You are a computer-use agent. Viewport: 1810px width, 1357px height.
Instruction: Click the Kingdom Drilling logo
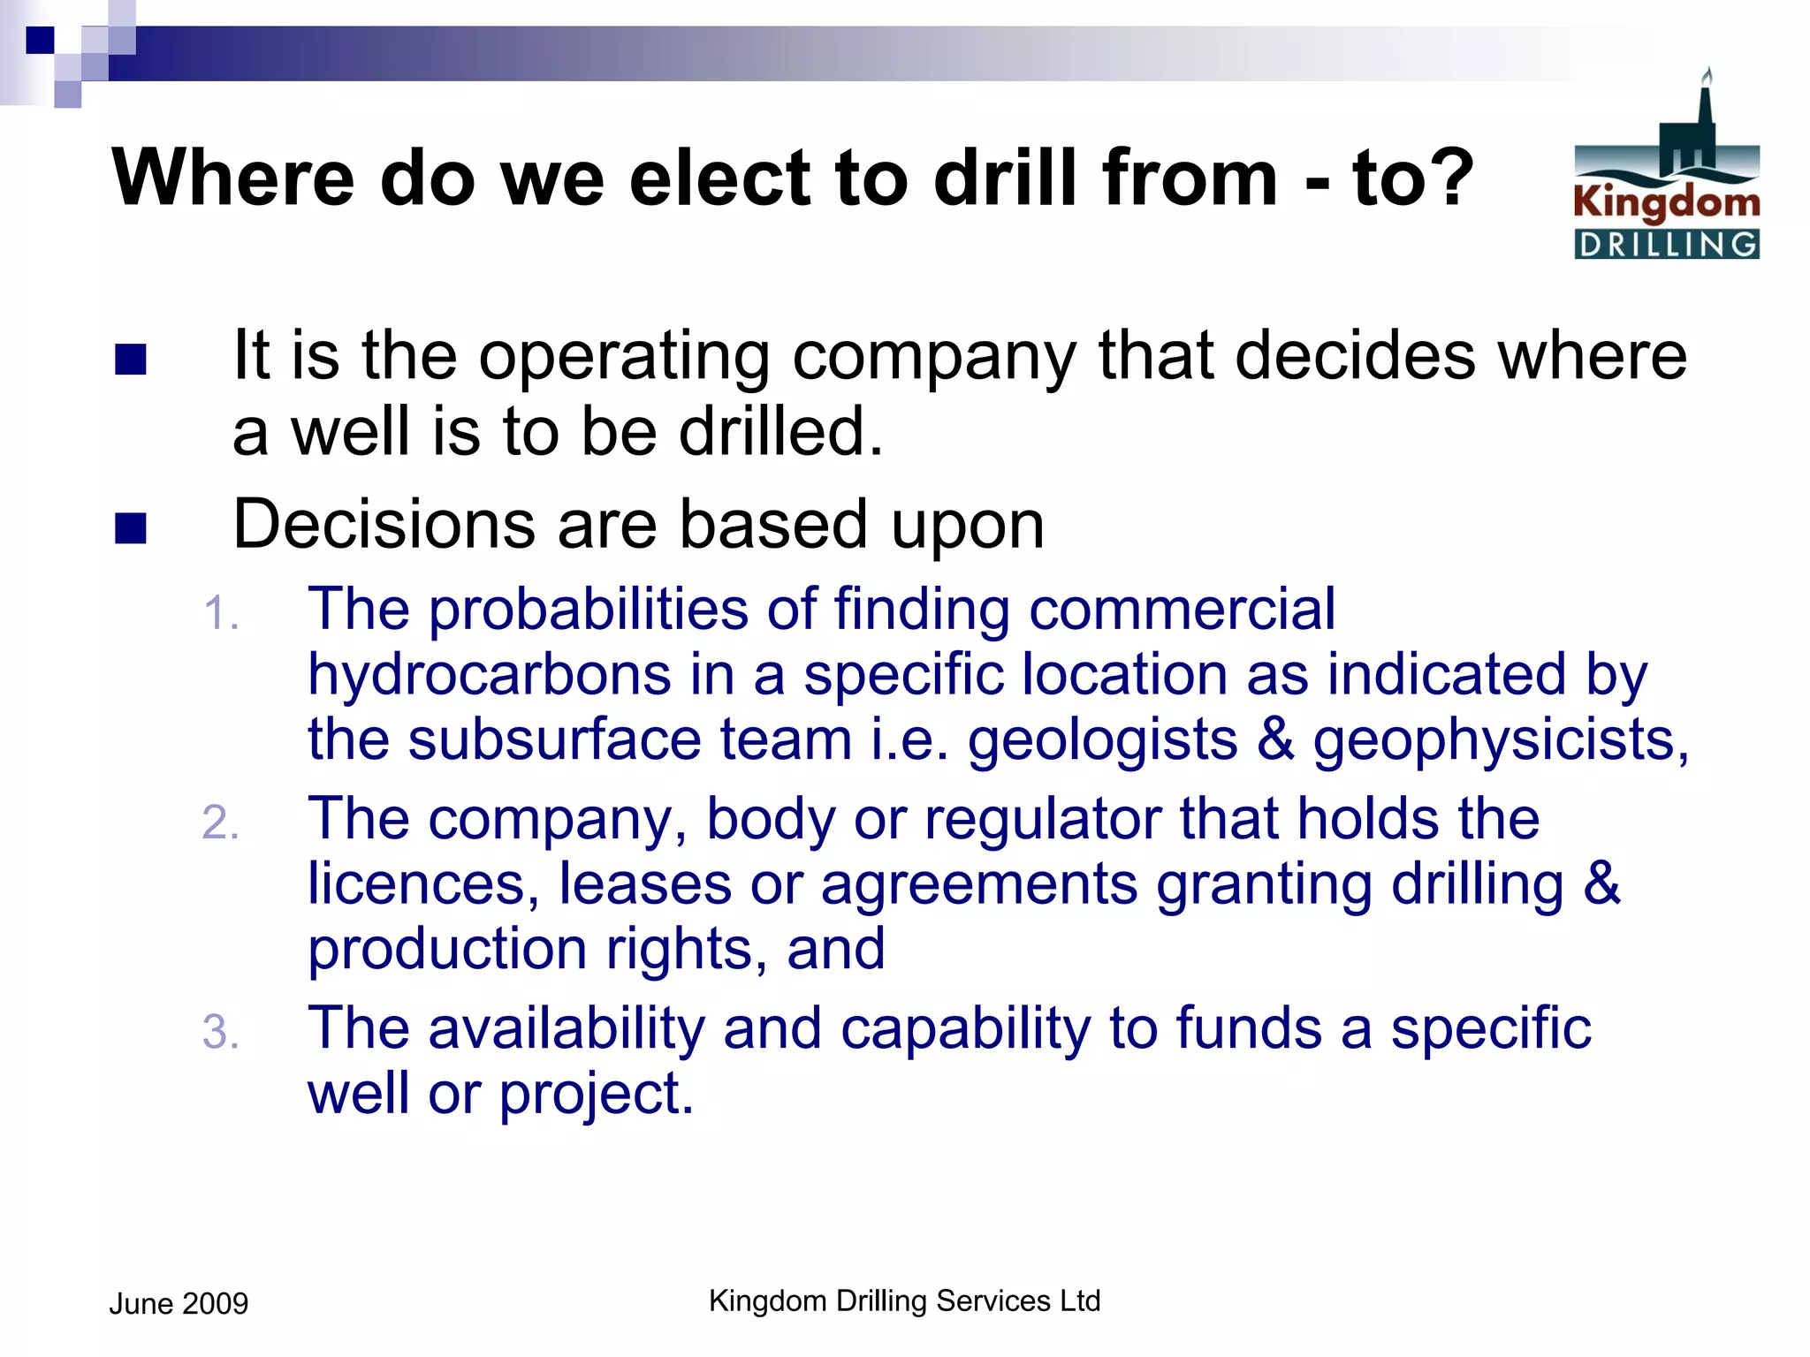1666,168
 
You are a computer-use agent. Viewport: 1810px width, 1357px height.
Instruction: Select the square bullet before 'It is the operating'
131,360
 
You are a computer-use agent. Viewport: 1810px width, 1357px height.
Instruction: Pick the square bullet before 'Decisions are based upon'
131,528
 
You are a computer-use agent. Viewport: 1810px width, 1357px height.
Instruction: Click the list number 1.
219,614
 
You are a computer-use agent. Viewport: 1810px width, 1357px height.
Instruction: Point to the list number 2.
219,823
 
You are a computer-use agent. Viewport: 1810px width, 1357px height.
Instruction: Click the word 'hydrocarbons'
489,676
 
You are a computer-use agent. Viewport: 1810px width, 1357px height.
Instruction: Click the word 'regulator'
1043,819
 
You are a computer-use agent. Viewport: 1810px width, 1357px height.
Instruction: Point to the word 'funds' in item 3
1248,1028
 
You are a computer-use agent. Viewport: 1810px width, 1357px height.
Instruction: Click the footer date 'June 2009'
179,1304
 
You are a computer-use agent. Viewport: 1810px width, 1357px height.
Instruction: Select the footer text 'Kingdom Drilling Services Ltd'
904,1300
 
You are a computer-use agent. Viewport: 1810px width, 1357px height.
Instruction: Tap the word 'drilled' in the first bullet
780,432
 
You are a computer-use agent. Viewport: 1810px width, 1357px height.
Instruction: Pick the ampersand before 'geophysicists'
1274,739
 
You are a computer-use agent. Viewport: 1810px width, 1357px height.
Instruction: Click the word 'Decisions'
384,525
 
